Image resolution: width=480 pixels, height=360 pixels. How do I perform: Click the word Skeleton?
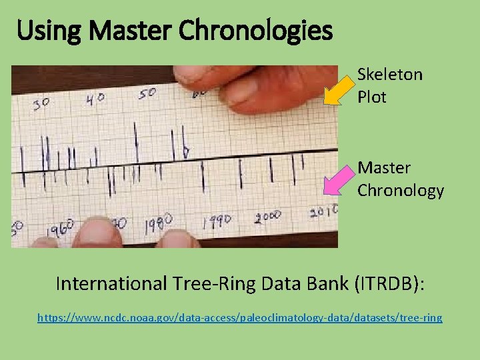[x=389, y=74]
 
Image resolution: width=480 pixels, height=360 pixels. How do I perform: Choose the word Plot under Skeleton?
[x=371, y=97]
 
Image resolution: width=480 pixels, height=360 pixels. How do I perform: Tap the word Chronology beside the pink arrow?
[x=400, y=191]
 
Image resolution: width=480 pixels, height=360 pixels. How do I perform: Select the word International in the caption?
[x=111, y=284]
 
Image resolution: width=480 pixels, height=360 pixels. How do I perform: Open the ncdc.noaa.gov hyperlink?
[x=239, y=318]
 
